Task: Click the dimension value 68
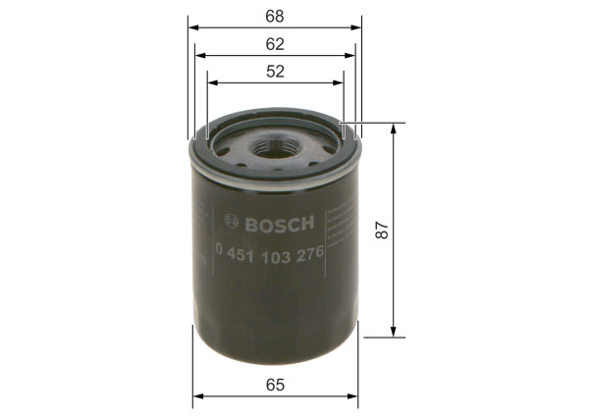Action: point(275,15)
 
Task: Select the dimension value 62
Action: point(275,43)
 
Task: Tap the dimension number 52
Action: point(275,71)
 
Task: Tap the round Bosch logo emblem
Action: point(231,222)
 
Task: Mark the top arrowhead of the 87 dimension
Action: point(393,128)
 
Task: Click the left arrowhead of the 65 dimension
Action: point(196,396)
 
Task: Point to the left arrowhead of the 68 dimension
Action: point(190,27)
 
